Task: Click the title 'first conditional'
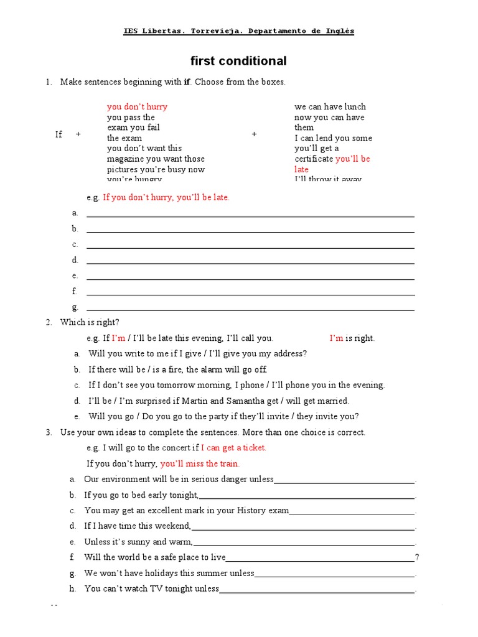pyautogui.click(x=238, y=61)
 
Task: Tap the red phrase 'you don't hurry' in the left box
pyautogui.click(x=137, y=106)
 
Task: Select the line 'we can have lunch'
pyautogui.click(x=330, y=106)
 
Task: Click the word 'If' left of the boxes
pyautogui.click(x=59, y=134)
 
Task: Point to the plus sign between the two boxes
pyautogui.click(x=254, y=134)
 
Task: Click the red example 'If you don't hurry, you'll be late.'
pyautogui.click(x=166, y=197)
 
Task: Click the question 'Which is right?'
pyautogui.click(x=90, y=322)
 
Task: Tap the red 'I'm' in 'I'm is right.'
pyautogui.click(x=336, y=338)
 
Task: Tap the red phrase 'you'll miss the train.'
pyautogui.click(x=200, y=463)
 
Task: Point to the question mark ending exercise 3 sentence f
pyautogui.click(x=416, y=557)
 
